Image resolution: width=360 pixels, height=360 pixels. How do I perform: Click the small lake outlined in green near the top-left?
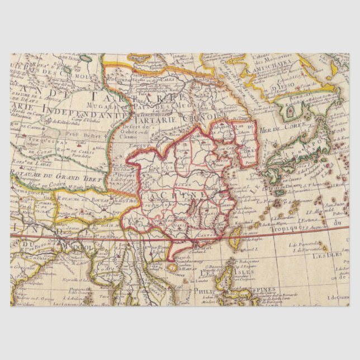(87, 58)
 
